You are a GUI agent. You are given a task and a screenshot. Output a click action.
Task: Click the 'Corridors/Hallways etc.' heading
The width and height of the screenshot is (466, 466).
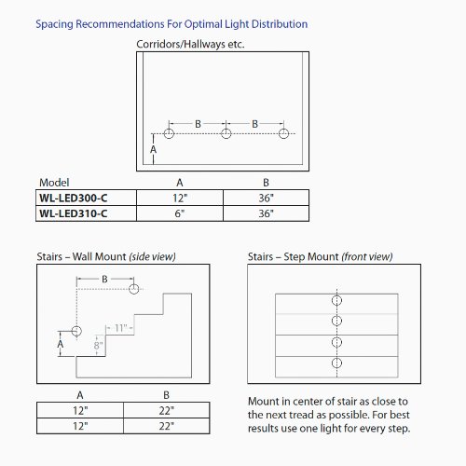189,44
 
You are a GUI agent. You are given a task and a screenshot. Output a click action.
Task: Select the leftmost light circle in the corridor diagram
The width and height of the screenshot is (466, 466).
169,134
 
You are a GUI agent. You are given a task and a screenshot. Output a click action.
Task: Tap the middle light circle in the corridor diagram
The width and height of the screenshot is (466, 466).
226,134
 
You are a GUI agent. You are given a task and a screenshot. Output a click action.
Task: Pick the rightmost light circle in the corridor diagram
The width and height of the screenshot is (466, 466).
284,134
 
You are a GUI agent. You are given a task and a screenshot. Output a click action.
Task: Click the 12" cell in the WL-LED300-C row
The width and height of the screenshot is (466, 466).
179,198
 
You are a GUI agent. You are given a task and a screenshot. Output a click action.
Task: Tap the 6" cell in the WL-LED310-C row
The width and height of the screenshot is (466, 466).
179,212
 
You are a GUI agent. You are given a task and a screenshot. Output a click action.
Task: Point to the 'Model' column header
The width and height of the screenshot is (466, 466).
54,183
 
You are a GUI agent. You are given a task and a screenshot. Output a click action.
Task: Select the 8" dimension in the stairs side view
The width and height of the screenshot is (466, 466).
97,345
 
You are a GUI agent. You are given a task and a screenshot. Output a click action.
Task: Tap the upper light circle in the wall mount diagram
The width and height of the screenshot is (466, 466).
135,290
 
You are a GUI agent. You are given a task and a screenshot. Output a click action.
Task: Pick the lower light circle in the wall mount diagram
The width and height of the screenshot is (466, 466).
76,331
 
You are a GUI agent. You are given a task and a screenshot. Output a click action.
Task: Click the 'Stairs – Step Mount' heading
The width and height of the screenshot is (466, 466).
321,256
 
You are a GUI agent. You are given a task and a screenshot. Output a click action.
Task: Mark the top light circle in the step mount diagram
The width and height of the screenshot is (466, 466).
336,302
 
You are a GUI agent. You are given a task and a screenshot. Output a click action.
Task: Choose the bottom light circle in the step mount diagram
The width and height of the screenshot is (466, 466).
336,362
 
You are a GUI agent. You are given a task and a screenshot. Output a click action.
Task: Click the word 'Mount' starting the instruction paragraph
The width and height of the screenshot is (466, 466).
265,401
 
